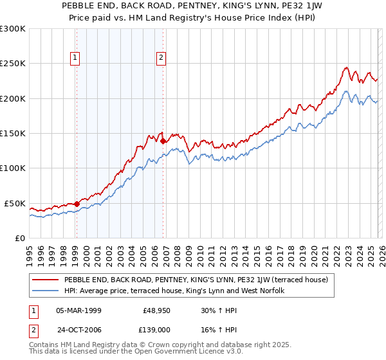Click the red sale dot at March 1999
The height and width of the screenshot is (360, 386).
point(77,204)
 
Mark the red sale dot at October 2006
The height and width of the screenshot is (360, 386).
point(163,141)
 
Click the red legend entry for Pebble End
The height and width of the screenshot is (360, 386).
point(196,280)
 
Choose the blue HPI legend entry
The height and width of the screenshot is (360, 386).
point(178,291)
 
